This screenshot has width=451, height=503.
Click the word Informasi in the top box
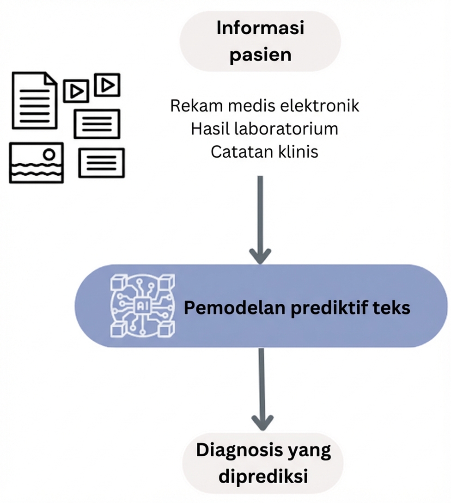[260, 29]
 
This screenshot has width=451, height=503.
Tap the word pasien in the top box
[260, 55]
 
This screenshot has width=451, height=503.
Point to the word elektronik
[320, 106]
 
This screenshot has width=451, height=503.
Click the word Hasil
[211, 129]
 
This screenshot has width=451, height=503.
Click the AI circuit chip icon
[142, 305]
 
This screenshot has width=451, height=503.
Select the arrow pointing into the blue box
[260, 220]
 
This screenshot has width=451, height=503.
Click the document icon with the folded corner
[34, 100]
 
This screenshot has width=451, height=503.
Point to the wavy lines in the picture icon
[36, 170]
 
